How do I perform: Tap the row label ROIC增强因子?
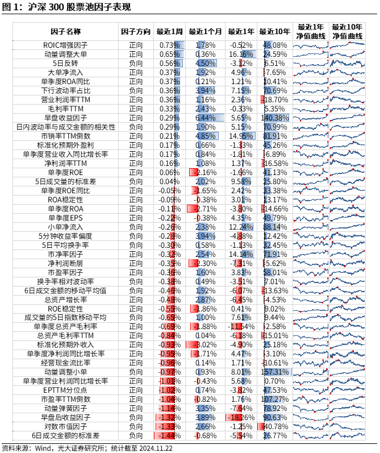point(65,45)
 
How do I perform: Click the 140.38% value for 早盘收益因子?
point(275,118)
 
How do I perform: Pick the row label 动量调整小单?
point(65,372)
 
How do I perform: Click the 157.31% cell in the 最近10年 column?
point(275,372)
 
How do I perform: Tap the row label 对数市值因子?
point(65,426)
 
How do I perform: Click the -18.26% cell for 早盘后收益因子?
point(241,417)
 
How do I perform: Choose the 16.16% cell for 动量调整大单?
point(241,54)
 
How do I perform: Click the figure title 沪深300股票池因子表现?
point(80,7)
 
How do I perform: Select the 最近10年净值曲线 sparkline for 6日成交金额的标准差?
point(346,435)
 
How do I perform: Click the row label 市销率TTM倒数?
point(65,136)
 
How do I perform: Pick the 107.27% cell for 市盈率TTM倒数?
point(275,399)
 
